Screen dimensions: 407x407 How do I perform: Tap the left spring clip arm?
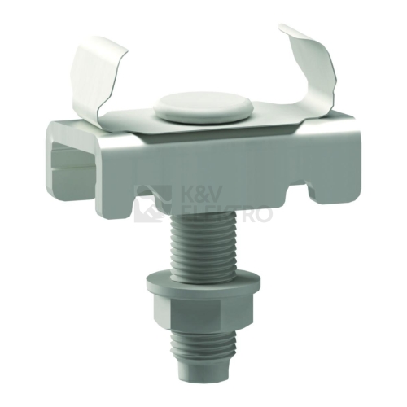(x=92, y=81)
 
